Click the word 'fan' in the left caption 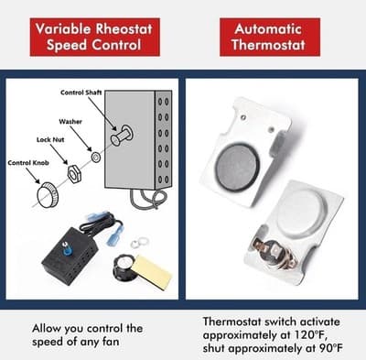click(x=134, y=342)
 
